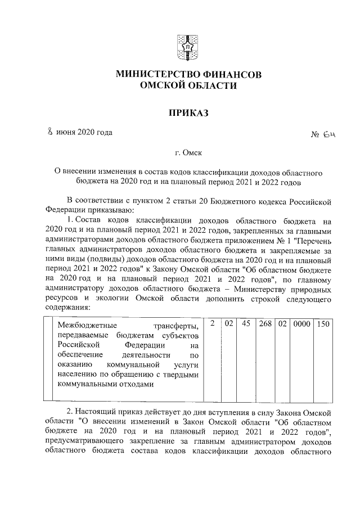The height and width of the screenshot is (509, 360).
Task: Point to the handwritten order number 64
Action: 330,136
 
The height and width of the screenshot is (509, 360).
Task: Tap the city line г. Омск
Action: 180,152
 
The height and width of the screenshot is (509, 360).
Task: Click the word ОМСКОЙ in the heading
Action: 161,85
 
